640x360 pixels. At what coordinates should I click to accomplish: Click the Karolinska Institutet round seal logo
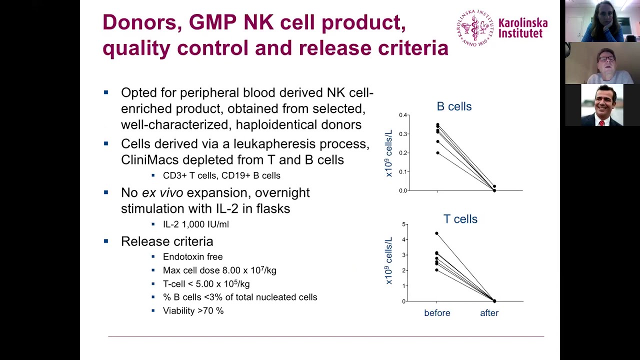[x=474, y=28]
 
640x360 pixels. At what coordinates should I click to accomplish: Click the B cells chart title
[x=454, y=106]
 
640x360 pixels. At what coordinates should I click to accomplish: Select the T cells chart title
[x=460, y=219]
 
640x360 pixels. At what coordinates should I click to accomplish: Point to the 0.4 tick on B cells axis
[x=403, y=115]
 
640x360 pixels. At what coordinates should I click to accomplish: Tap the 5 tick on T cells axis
[x=404, y=224]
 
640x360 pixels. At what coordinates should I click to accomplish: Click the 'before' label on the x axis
[x=437, y=313]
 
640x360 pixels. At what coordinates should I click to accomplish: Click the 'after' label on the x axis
[x=489, y=313]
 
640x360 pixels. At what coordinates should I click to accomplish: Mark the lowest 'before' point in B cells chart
[x=437, y=153]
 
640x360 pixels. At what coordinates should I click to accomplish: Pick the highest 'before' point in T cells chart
[x=436, y=233]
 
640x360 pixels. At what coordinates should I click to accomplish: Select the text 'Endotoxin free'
[x=192, y=256]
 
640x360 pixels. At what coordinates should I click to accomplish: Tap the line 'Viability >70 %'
[x=193, y=310]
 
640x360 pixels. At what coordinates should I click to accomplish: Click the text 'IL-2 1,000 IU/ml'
[x=195, y=224]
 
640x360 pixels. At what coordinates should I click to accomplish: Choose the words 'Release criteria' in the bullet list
[x=167, y=241]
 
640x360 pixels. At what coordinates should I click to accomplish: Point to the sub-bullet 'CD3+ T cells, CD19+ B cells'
[x=221, y=175]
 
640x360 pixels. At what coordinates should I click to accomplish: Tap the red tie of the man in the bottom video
[x=601, y=122]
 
